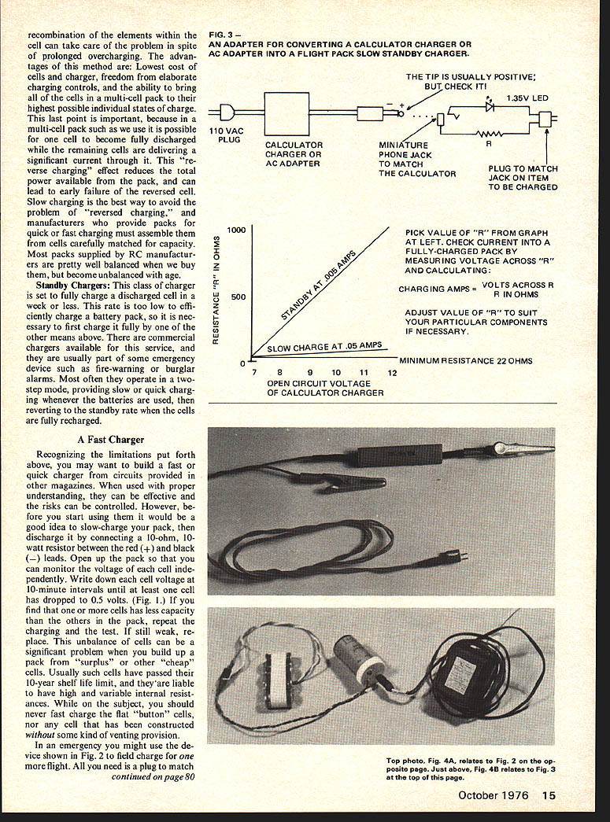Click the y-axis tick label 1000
point(236,230)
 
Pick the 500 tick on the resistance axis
point(237,297)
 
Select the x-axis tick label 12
point(392,372)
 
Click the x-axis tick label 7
point(255,372)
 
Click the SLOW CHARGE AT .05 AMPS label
point(324,346)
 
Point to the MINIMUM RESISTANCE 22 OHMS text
point(466,361)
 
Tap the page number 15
point(549,794)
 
